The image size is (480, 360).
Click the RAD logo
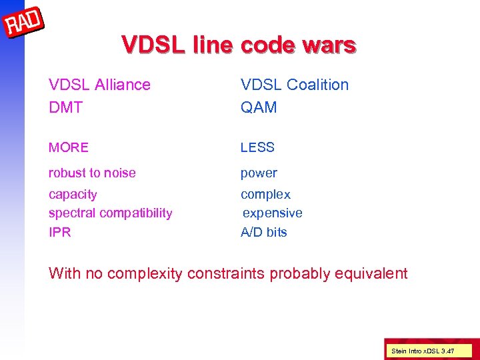(x=24, y=25)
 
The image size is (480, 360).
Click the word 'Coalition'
(x=317, y=85)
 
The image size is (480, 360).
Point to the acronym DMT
(x=65, y=107)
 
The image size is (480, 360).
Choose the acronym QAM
(x=259, y=107)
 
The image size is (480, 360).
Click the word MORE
(x=68, y=147)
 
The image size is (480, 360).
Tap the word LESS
(x=257, y=147)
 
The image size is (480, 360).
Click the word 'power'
(x=259, y=173)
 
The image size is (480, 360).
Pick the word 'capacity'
(x=73, y=195)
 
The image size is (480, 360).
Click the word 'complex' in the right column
(x=265, y=195)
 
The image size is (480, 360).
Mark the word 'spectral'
(x=72, y=213)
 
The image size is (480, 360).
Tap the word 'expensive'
(x=272, y=213)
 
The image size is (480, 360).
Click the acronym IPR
(x=59, y=233)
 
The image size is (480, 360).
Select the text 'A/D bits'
(x=264, y=233)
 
